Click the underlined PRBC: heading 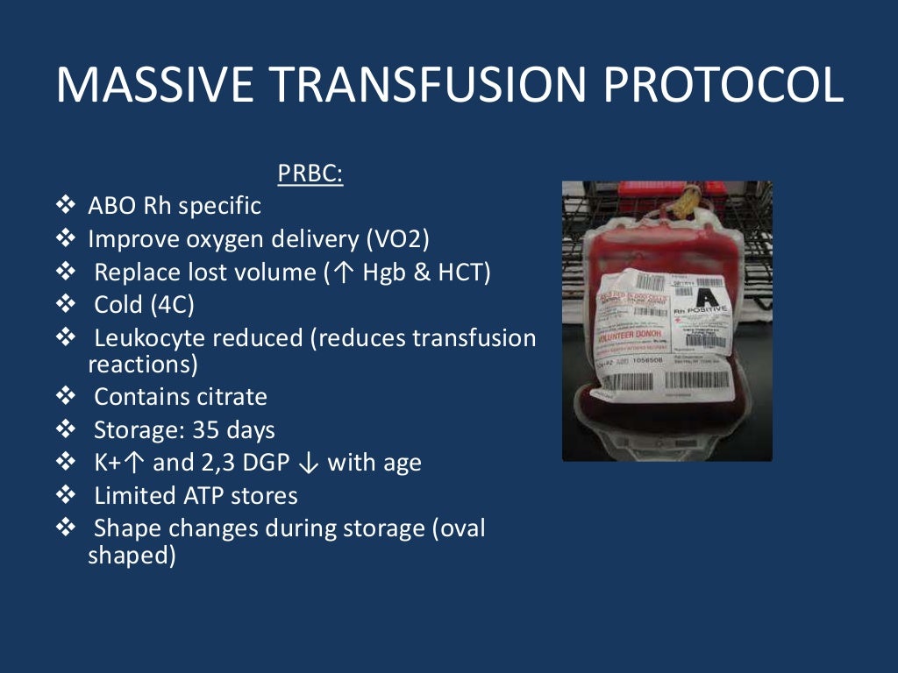pos(310,174)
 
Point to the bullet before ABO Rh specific pos(66,206)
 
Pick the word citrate pos(229,396)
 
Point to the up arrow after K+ pos(137,463)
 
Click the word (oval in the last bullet pos(458,529)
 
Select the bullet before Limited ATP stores pos(66,496)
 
